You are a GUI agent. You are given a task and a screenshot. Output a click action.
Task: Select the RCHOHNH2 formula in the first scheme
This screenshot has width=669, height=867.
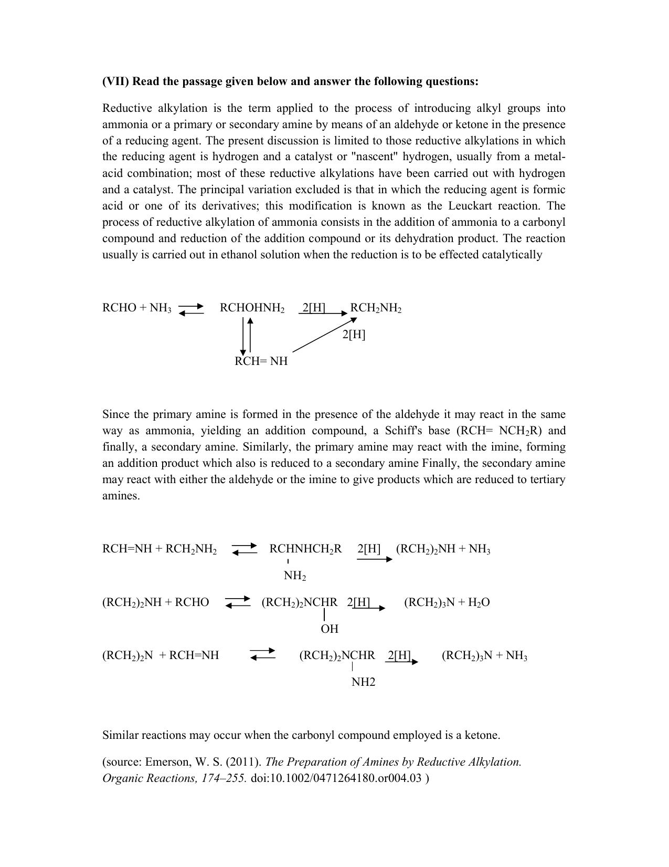pos(252,308)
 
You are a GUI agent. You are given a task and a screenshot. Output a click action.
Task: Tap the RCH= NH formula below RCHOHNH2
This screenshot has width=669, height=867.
pos(261,361)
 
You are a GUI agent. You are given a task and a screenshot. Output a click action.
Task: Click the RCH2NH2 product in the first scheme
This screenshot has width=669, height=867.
pos(376,308)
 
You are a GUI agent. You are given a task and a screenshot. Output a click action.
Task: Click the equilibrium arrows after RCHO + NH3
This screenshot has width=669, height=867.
pos(191,309)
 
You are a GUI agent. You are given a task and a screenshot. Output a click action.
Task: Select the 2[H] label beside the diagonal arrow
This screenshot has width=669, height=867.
pos(354,335)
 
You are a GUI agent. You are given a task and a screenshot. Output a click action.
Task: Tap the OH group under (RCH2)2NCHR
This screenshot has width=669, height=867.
pos(329,629)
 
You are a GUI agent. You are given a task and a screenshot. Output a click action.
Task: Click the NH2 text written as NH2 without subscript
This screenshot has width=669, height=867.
pos(363,682)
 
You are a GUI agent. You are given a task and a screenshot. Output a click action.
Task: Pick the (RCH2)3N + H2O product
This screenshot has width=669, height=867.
pos(447,602)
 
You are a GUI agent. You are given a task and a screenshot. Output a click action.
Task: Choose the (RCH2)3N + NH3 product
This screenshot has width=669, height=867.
pos(484,655)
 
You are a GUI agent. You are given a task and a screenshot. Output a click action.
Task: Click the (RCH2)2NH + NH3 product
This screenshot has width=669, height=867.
pos(443,549)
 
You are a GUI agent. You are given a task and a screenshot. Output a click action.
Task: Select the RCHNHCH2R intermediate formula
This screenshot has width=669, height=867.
pos(305,549)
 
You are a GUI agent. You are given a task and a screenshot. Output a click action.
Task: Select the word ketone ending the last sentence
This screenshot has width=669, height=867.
pos(481,735)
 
